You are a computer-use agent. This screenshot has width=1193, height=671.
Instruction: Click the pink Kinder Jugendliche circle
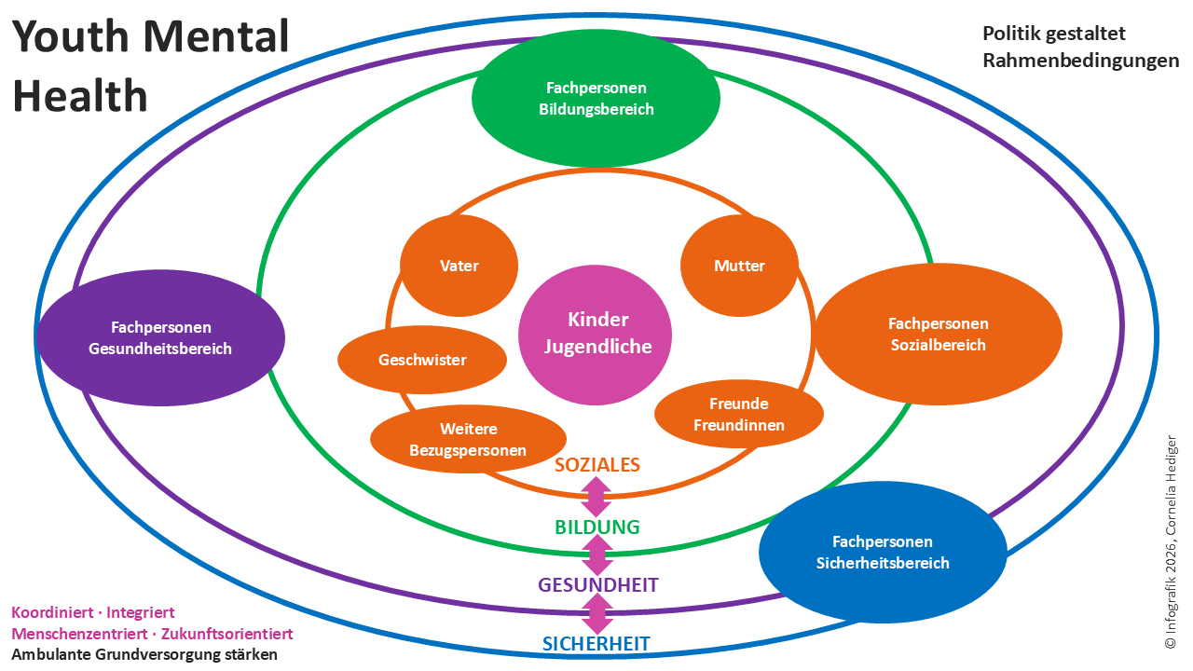tap(595, 335)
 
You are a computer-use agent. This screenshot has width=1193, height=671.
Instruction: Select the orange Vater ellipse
tap(459, 266)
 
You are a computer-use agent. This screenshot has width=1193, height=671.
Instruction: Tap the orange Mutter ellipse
tap(739, 266)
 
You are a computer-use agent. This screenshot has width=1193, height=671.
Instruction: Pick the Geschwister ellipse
tap(422, 360)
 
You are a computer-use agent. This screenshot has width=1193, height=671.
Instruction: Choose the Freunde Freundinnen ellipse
tap(739, 415)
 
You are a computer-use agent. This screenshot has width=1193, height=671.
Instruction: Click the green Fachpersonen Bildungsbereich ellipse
tap(596, 99)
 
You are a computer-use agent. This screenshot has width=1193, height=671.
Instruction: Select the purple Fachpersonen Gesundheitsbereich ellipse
tap(161, 338)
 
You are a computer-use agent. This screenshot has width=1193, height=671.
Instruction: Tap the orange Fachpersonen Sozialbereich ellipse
tap(938, 335)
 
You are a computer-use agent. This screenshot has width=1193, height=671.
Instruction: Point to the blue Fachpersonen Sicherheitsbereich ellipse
tap(883, 553)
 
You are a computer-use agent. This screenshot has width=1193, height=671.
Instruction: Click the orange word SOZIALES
tap(597, 464)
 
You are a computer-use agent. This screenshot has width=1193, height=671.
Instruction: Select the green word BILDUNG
tap(597, 527)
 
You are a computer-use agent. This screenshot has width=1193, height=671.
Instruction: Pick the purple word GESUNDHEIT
tap(597, 585)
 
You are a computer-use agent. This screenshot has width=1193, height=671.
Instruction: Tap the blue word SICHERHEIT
tap(596, 643)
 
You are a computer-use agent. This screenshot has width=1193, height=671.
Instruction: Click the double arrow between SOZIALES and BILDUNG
tap(596, 496)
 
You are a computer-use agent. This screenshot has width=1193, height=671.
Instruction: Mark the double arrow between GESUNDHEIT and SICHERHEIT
tap(596, 614)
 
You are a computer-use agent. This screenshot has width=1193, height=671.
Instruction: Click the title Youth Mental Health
tap(150, 65)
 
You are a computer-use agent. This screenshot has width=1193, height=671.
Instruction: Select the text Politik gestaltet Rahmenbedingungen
tap(1080, 48)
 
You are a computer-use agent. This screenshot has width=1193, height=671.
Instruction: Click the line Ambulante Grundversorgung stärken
tap(144, 654)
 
